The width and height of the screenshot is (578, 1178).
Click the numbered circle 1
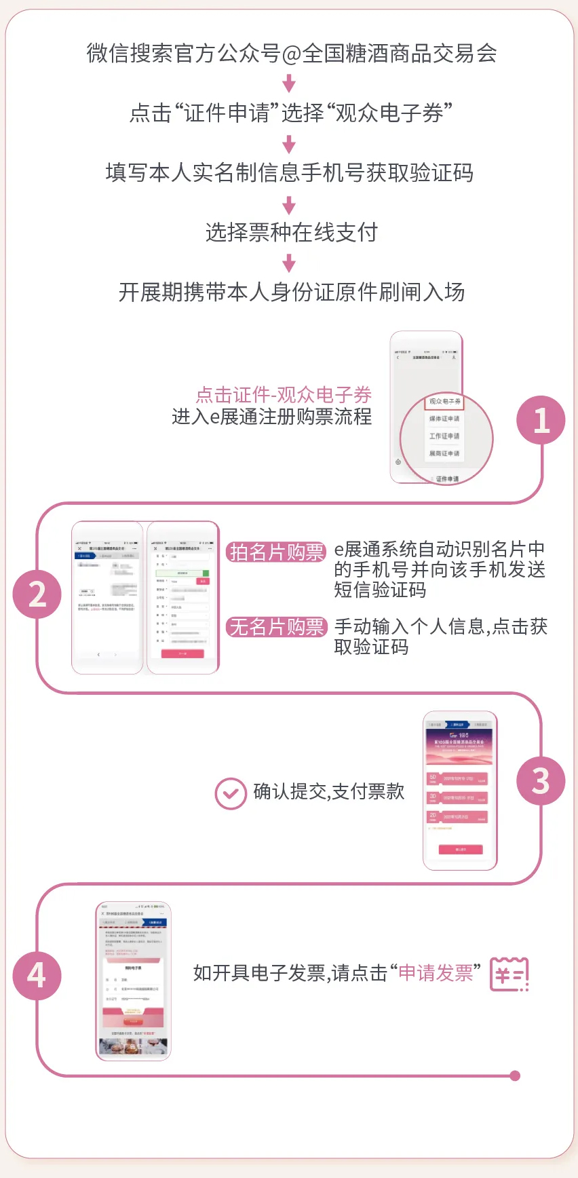[x=541, y=421]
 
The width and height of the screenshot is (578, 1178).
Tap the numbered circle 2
[x=37, y=594]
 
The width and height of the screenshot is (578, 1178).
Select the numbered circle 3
[x=541, y=781]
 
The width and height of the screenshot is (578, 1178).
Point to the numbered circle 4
[x=37, y=975]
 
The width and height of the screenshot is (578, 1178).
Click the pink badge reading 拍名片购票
[x=276, y=552]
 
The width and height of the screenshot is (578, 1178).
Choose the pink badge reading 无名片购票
[x=276, y=627]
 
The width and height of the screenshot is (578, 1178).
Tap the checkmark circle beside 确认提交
[x=231, y=793]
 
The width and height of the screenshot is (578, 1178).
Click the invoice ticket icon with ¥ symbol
[x=509, y=974]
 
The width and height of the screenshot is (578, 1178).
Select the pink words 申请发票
[x=436, y=973]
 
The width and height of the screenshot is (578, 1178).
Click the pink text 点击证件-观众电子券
[x=284, y=395]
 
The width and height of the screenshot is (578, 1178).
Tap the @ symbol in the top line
[x=291, y=54]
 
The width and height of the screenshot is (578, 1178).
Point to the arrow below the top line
[x=289, y=83]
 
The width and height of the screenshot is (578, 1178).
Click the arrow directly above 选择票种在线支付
[x=289, y=205]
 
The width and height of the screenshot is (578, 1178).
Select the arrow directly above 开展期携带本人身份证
[x=289, y=263]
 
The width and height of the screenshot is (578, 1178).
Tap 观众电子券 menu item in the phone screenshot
[x=445, y=402]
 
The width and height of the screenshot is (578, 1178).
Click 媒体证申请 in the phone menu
[x=444, y=419]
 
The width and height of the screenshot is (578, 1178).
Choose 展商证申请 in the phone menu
[x=444, y=453]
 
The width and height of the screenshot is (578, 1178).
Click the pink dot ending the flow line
[x=515, y=1076]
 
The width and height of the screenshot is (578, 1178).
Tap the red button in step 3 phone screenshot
[x=461, y=850]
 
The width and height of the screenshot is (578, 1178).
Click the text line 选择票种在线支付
[x=292, y=233]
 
